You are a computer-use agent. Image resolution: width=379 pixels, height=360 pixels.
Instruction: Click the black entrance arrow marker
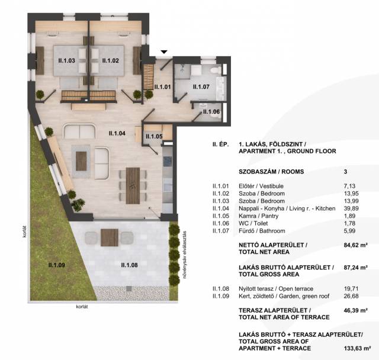tap(164, 52)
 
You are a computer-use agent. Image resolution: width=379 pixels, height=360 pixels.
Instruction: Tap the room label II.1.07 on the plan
tap(201, 86)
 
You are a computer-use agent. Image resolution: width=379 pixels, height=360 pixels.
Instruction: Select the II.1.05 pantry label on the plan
tap(154, 136)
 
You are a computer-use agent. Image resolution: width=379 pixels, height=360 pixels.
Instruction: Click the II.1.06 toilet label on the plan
tap(211, 112)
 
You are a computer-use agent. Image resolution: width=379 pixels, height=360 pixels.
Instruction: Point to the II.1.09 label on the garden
tap(57, 265)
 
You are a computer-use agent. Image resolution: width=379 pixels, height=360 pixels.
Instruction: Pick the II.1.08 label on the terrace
tap(129, 265)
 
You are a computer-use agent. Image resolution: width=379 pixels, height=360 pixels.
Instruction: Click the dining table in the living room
tap(133, 185)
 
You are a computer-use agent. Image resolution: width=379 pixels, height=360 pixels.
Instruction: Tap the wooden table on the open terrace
tap(110, 237)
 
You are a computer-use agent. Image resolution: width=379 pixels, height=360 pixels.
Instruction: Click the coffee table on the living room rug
tap(81, 161)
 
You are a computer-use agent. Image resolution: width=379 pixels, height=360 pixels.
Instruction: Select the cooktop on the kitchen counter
tap(168, 161)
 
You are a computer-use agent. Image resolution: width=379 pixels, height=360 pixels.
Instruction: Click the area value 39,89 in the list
tap(351, 208)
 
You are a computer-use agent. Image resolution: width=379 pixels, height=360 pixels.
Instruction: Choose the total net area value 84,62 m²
tap(355, 245)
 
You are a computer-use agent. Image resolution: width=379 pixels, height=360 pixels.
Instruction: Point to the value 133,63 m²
tap(357, 348)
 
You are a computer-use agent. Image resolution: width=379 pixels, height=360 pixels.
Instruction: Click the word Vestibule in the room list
tap(271, 186)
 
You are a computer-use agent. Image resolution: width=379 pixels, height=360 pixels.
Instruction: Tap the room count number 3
tap(345, 172)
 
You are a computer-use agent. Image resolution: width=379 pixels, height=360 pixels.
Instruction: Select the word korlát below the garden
tap(82, 307)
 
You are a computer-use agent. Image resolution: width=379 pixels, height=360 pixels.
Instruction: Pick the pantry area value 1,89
tap(349, 216)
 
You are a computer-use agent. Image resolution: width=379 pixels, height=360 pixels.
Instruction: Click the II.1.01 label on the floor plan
tap(162, 86)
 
